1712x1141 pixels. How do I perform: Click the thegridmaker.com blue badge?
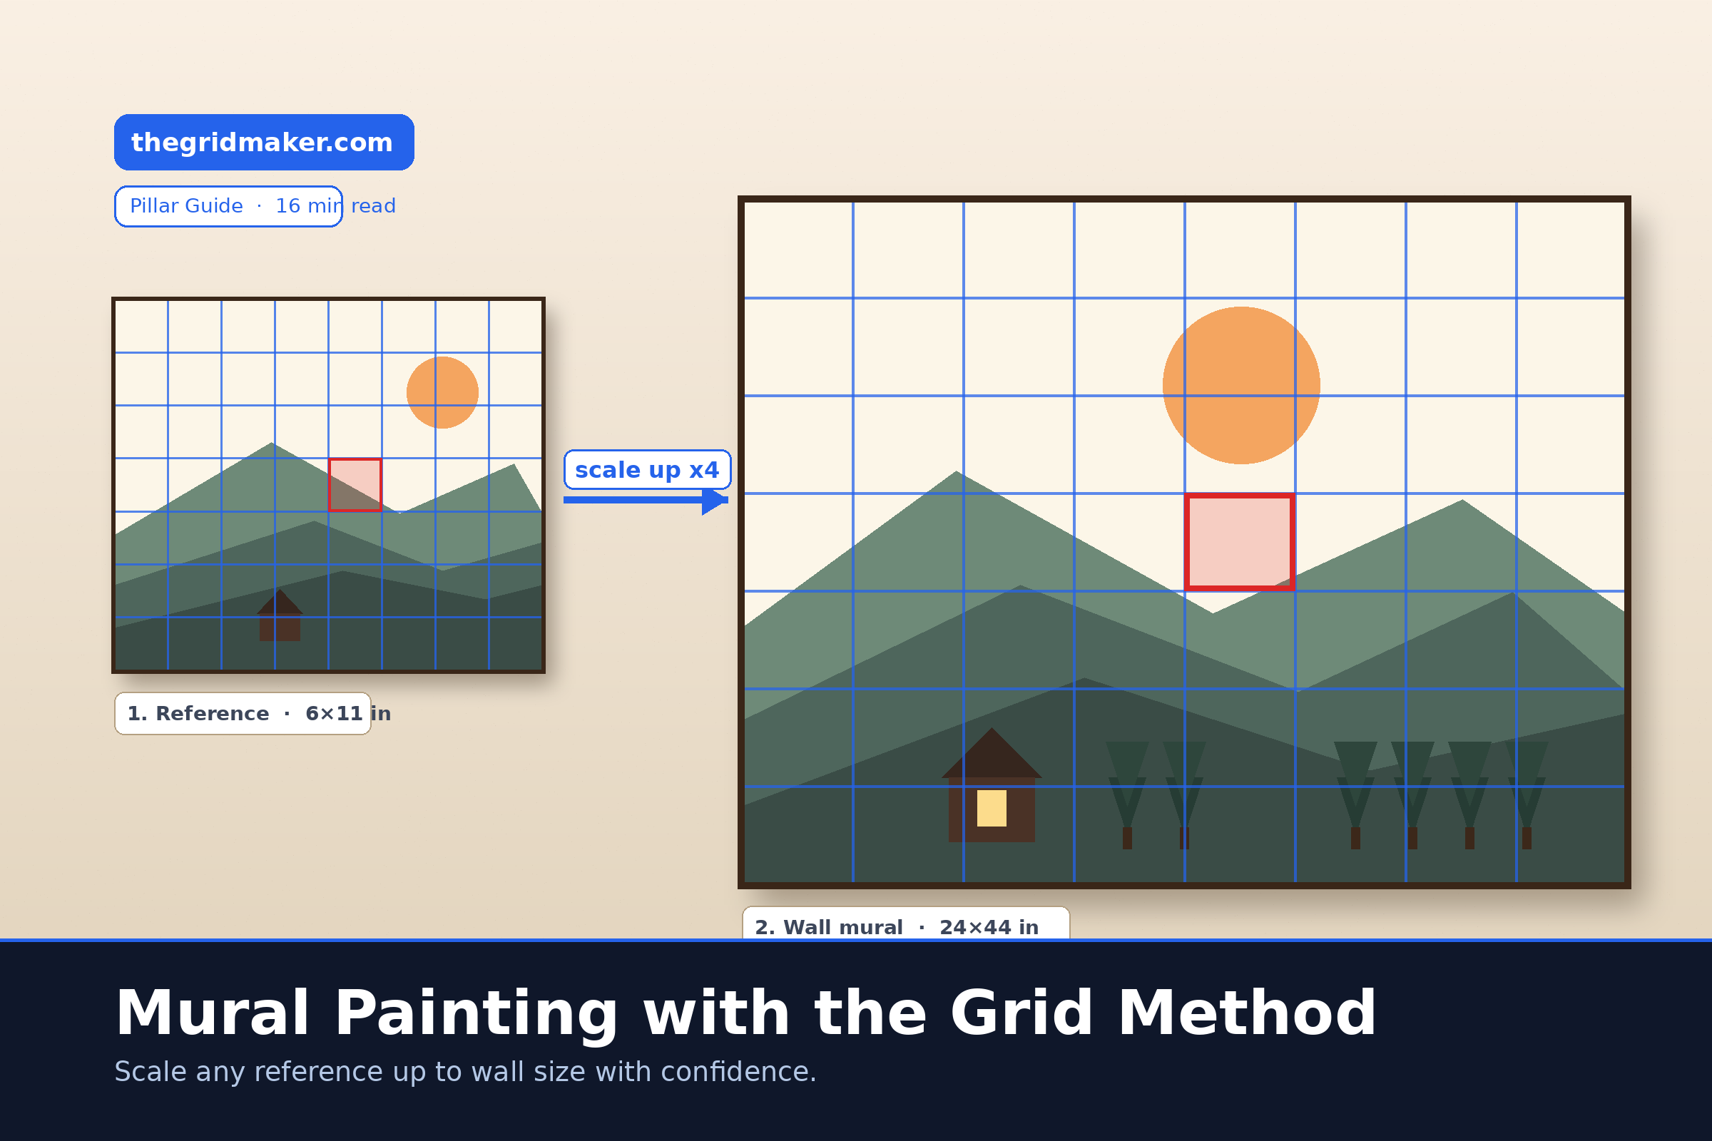click(263, 143)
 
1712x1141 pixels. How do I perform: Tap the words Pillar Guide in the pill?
click(186, 206)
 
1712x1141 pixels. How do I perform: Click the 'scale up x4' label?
click(646, 470)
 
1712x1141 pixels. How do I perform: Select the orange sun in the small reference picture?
click(442, 392)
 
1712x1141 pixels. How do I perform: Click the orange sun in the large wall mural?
click(1241, 385)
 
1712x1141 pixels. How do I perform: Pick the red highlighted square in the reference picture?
click(355, 485)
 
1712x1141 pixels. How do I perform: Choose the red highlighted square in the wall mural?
click(1240, 541)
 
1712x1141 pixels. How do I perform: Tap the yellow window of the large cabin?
click(992, 808)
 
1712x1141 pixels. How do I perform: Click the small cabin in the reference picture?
click(280, 618)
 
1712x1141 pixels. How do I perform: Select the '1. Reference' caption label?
click(198, 713)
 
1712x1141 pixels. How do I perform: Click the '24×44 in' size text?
click(989, 927)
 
